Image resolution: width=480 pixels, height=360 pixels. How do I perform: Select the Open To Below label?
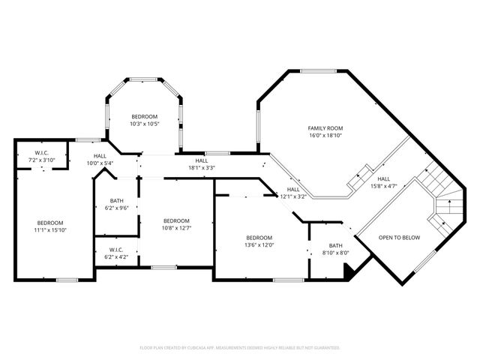pos(399,238)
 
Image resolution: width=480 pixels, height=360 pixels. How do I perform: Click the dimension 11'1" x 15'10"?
pos(50,231)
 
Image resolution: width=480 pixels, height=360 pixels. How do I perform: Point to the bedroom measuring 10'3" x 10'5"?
pos(144,124)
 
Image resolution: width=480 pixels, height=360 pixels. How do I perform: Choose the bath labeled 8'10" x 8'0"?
pos(335,253)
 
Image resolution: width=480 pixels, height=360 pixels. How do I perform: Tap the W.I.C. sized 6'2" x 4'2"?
pos(116,257)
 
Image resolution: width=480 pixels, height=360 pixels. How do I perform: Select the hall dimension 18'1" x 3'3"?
pos(201,168)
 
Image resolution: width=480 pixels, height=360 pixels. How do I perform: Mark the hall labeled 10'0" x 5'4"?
pos(99,163)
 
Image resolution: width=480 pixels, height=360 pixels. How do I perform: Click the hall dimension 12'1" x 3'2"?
pos(293,197)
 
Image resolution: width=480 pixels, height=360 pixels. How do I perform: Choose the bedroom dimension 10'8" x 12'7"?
pos(176,229)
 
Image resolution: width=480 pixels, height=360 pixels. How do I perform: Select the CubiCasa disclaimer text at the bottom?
pos(240,348)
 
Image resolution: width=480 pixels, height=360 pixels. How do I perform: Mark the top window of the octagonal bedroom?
pos(144,79)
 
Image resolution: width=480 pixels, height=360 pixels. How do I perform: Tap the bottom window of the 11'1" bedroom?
pos(67,280)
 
